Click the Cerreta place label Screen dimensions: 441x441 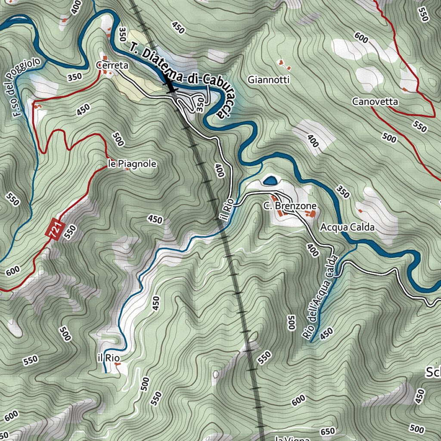tap(112, 65)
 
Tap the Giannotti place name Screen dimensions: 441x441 tap(269, 80)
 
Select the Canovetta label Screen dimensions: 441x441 tap(375, 102)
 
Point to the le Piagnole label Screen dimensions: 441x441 tap(131, 164)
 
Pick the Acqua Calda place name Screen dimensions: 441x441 tap(347, 227)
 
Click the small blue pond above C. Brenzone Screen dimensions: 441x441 tap(270, 180)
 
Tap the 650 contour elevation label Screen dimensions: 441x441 tap(328, 432)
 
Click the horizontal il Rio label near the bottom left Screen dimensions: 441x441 tap(108, 358)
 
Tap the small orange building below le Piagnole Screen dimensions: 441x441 tap(127, 170)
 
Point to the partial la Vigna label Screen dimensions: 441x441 tap(293, 438)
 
